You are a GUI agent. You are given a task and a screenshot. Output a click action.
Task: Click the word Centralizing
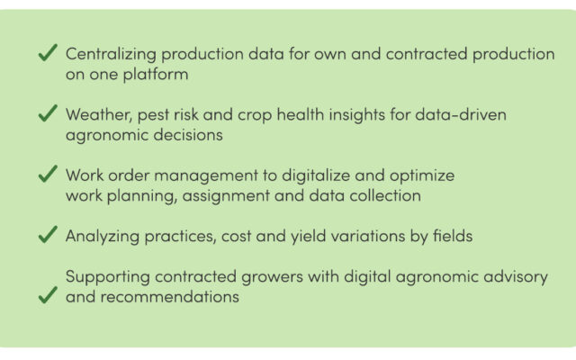[x=111, y=54]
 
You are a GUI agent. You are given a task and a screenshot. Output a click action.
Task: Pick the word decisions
[x=188, y=135]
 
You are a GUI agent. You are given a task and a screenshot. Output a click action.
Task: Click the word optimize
[x=422, y=175]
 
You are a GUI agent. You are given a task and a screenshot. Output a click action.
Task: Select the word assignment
[x=226, y=196]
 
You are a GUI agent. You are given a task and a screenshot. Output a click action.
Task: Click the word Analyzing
[x=103, y=236]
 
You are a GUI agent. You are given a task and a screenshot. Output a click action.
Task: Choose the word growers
[x=272, y=277]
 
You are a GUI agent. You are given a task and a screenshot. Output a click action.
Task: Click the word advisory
[x=516, y=276]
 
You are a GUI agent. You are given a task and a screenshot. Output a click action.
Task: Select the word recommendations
[x=170, y=297]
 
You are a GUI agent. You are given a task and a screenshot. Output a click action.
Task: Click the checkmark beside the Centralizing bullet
[x=48, y=52]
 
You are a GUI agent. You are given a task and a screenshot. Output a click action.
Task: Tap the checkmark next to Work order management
[x=48, y=174]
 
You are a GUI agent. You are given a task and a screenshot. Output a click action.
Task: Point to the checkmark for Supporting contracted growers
[x=48, y=295]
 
